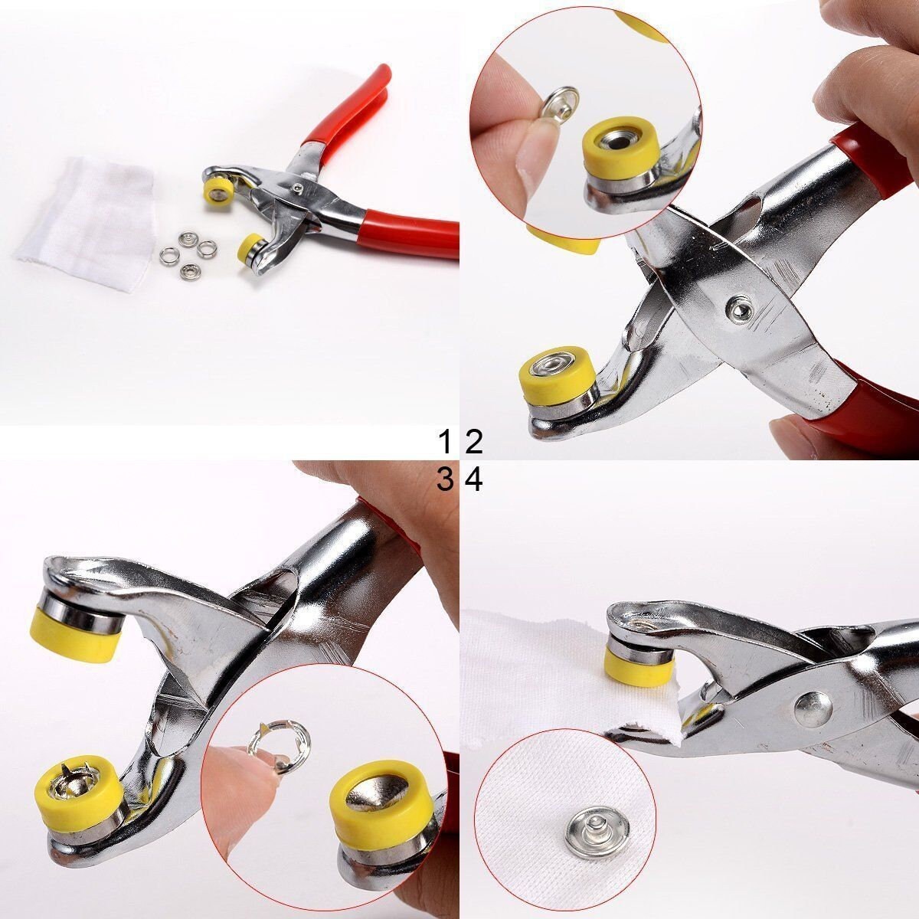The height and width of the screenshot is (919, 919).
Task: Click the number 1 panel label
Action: (x=444, y=442)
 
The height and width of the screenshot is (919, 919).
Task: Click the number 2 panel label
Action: (x=473, y=442)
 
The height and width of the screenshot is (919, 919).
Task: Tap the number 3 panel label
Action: (x=444, y=480)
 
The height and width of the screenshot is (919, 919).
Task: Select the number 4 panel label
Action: (x=473, y=480)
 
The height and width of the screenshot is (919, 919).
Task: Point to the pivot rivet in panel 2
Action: (x=737, y=309)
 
